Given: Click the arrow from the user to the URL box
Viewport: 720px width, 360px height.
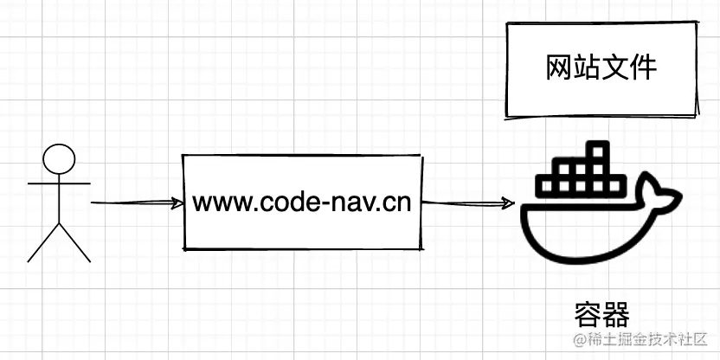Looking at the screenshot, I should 137,203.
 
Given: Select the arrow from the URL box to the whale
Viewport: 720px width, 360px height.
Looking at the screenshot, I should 468,204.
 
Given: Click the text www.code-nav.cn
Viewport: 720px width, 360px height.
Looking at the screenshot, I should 302,203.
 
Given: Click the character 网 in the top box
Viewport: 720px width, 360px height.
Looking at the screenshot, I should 560,68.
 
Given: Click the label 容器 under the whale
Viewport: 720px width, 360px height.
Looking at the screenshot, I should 601,314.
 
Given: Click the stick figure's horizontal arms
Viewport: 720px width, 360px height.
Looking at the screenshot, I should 59,183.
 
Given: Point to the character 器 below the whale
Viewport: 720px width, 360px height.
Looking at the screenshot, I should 614,314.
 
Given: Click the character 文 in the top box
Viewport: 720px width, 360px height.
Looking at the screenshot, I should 615,68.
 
